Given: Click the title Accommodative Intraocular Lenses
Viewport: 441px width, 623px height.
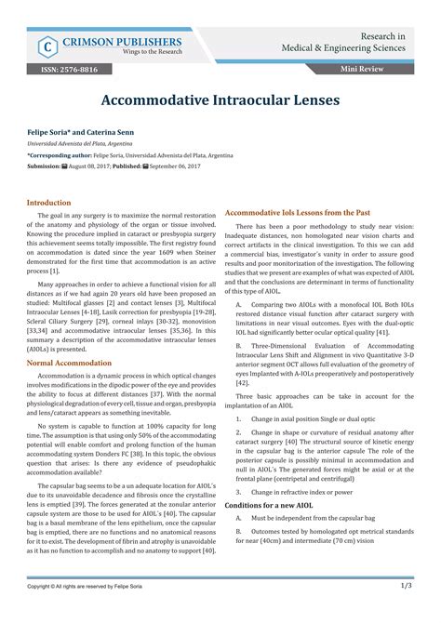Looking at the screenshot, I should point(220,98).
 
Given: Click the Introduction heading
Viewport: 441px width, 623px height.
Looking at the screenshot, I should point(48,202).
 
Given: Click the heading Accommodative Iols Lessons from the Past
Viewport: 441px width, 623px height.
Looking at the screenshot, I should point(299,213).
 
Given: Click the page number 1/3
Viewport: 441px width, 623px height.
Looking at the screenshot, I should point(407,612).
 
